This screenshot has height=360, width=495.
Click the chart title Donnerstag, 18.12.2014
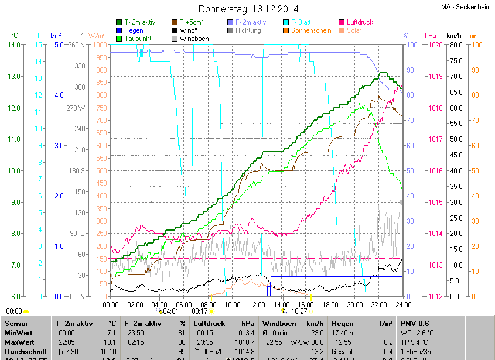pos(248,9)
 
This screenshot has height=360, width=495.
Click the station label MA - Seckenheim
pos(466,7)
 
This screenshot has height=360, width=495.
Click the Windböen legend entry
pos(194,39)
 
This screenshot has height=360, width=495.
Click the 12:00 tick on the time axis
pos(257,304)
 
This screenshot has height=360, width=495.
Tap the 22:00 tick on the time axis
pos(379,304)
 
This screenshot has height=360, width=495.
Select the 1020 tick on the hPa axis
pos(434,45)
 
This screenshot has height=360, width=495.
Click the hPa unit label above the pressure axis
pos(431,36)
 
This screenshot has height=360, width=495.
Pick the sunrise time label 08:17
pos(200,312)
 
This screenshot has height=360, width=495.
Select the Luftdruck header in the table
pos(209,323)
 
